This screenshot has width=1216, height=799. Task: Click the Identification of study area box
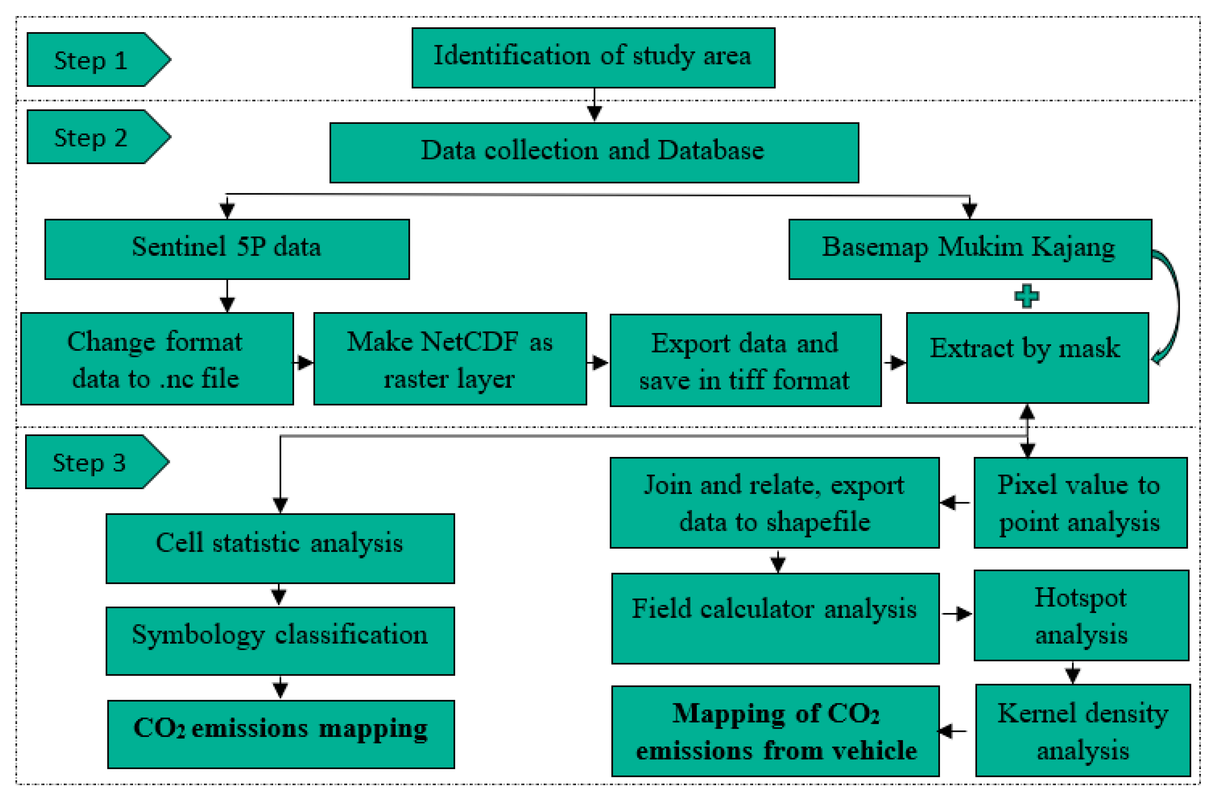pyautogui.click(x=593, y=58)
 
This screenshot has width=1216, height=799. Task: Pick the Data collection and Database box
pyautogui.click(x=594, y=152)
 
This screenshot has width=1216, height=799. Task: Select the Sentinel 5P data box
pyautogui.click(x=227, y=249)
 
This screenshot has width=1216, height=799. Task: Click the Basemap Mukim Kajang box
pyautogui.click(x=970, y=249)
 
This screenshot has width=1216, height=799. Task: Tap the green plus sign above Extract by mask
pyautogui.click(x=1026, y=296)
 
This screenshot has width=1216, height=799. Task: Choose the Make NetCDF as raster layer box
pyautogui.click(x=450, y=359)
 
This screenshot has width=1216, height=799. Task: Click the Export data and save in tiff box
pyautogui.click(x=745, y=360)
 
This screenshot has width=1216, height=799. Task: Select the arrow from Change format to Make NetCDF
pyautogui.click(x=303, y=363)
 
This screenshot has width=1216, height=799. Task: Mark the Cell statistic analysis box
pyautogui.click(x=280, y=548)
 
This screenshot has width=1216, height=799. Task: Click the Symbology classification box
pyautogui.click(x=280, y=641)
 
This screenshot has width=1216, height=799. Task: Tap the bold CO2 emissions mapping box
pyautogui.click(x=281, y=734)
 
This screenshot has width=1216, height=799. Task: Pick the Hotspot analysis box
pyautogui.click(x=1081, y=615)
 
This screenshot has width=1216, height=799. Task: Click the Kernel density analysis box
pyautogui.click(x=1083, y=731)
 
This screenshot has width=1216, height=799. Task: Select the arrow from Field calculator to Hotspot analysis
pyautogui.click(x=956, y=614)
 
